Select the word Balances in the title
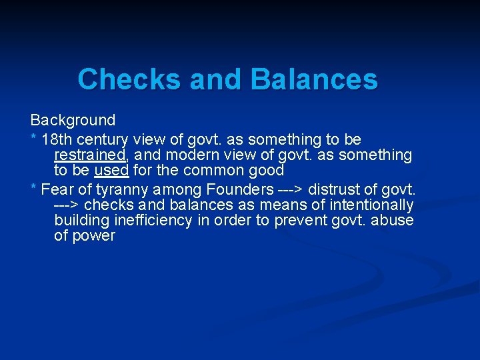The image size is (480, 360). click(314, 80)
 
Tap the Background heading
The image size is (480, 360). click(73, 121)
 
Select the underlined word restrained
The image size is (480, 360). click(90, 155)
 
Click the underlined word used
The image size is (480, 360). click(111, 170)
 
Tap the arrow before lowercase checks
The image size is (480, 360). click(67, 205)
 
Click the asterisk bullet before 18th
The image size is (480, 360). click(33, 139)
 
